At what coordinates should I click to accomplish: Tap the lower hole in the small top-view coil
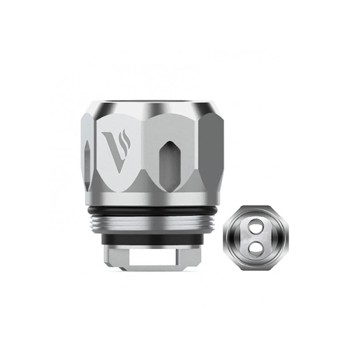pyautogui.click(x=254, y=245)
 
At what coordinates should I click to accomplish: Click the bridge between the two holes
pyautogui.click(x=254, y=237)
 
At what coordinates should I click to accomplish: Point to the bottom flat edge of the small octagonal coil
pyautogui.click(x=254, y=267)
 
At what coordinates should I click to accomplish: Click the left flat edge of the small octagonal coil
pyautogui.click(x=224, y=237)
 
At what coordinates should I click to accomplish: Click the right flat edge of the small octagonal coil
pyautogui.click(x=285, y=237)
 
